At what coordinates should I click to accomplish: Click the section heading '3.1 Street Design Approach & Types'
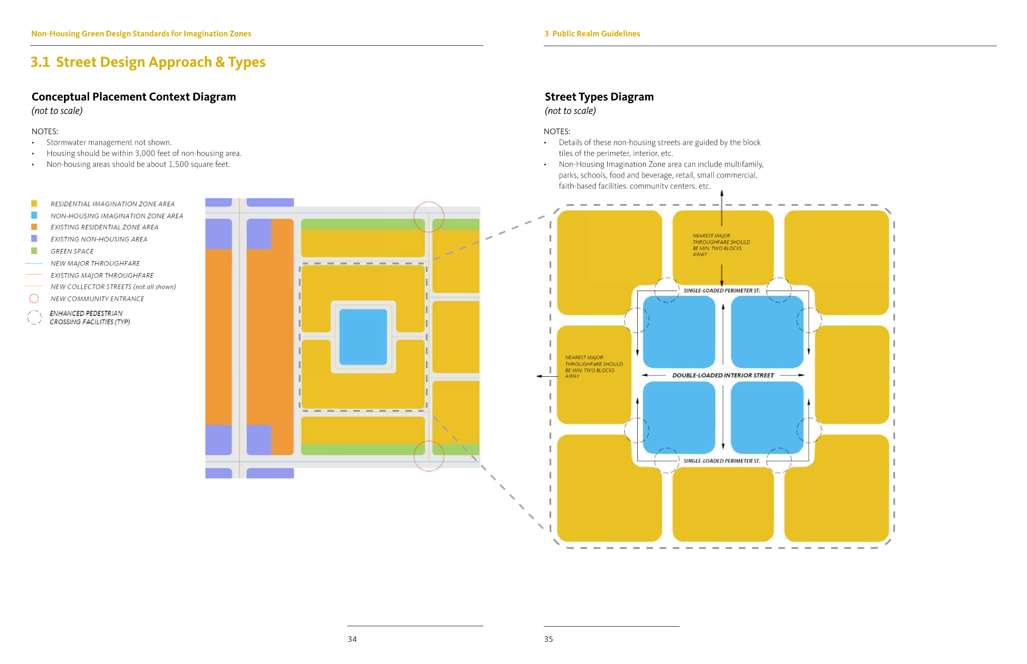point(148,62)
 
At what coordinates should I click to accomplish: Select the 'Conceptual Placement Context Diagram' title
point(133,97)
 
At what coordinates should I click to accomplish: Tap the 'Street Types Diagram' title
point(599,97)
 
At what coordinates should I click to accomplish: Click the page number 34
point(352,639)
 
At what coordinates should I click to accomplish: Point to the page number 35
point(548,639)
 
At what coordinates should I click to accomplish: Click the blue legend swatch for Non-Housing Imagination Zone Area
point(34,215)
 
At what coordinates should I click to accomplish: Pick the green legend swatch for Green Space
point(34,251)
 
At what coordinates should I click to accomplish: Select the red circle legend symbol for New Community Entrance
point(34,299)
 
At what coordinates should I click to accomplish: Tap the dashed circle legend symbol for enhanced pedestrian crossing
point(34,317)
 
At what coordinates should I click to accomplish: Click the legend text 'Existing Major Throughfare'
point(102,275)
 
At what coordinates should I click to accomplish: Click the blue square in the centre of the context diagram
point(363,337)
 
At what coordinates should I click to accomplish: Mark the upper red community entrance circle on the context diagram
point(429,217)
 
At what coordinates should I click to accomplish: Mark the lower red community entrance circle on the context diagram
point(429,456)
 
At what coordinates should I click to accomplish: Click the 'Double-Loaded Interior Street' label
point(723,375)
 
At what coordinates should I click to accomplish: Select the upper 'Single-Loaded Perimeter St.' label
point(721,291)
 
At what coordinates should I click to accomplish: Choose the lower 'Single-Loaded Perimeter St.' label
point(721,461)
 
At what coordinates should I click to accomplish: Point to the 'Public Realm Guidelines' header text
point(596,34)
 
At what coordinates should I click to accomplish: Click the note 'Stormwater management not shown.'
point(109,142)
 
